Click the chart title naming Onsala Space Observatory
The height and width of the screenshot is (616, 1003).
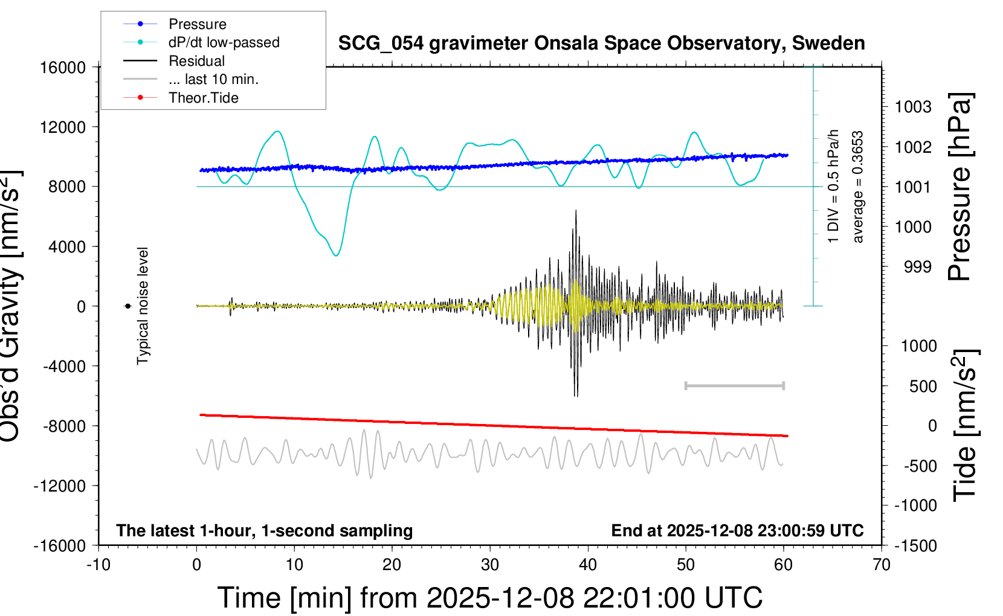pos(601,43)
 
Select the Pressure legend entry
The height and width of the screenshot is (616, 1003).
pos(197,24)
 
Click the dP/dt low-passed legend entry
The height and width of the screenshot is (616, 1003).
pos(224,42)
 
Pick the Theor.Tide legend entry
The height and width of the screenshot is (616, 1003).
pos(203,98)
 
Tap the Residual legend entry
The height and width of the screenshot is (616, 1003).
pos(196,61)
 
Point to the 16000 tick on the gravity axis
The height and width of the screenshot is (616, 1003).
pos(63,68)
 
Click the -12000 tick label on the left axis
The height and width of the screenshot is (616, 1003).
pos(60,486)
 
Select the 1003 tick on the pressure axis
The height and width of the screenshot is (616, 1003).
pos(913,107)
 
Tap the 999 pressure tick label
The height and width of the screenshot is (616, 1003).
pos(918,267)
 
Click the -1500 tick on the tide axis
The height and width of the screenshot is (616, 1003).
pos(915,546)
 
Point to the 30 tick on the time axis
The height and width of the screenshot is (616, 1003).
pos(490,565)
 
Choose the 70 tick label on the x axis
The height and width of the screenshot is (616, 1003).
pos(882,565)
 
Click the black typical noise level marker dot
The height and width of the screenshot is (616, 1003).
pos(127,306)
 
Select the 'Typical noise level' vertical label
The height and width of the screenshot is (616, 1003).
pos(143,306)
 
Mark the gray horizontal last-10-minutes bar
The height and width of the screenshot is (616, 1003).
pos(734,385)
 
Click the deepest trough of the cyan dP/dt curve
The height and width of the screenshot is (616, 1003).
pos(336,255)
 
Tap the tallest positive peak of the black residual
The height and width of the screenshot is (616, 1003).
pos(576,211)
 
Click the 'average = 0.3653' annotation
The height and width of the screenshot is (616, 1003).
pos(858,187)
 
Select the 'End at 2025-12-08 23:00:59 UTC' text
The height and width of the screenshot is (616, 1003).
pos(737,530)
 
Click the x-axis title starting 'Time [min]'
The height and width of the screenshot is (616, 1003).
pos(489,598)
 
